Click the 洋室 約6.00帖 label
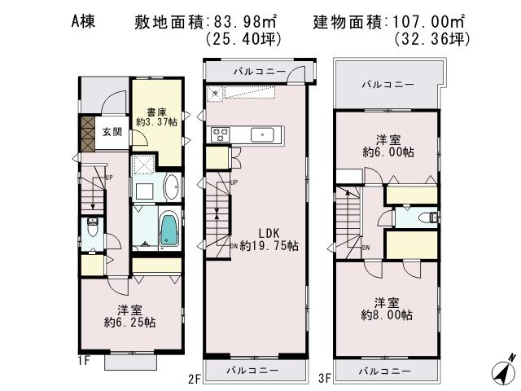pos(387,145)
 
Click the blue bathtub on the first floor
pos(169,229)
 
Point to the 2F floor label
pos(194,380)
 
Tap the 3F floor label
pos(324,380)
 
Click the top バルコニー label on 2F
pos(256,72)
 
